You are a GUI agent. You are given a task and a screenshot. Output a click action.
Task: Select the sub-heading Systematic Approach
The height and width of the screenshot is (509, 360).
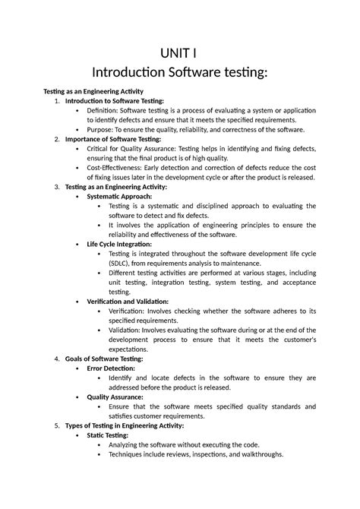[123, 196]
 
